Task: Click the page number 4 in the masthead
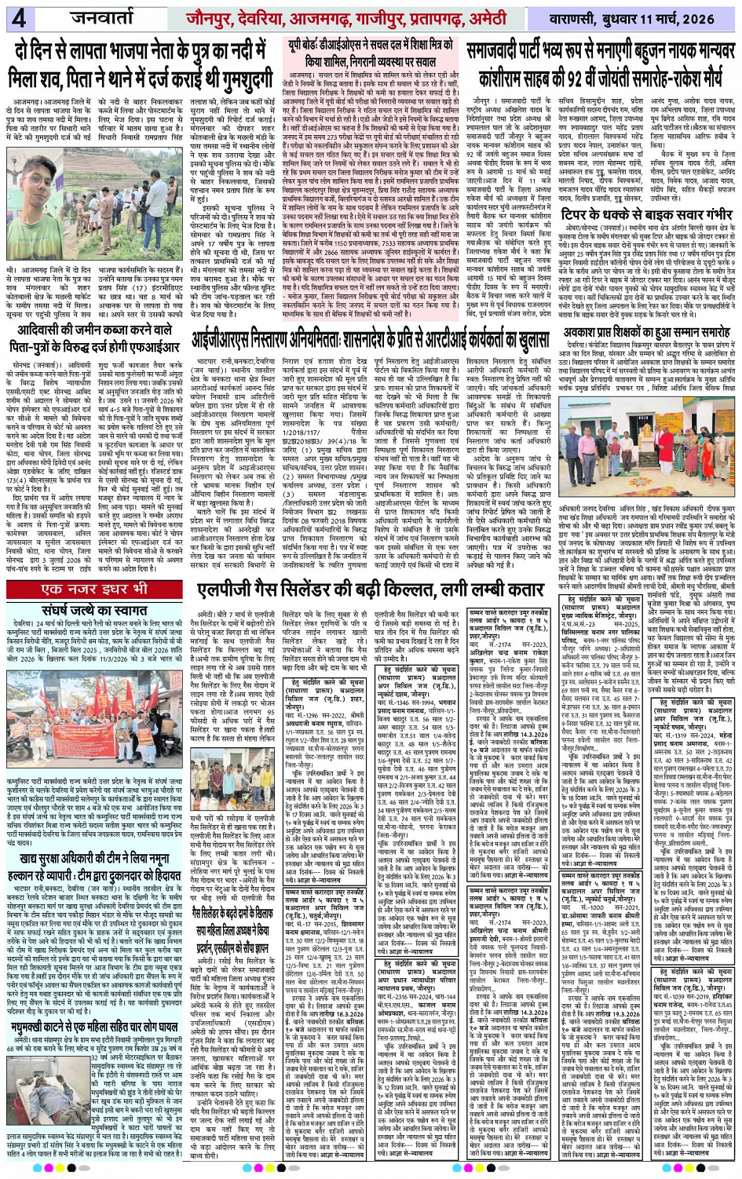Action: click(x=19, y=17)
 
